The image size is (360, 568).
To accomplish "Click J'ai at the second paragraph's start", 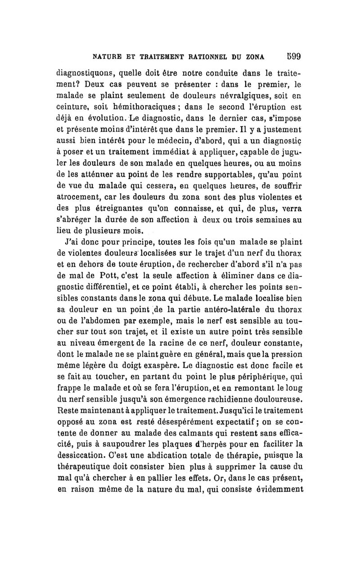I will pyautogui.click(x=72, y=243).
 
